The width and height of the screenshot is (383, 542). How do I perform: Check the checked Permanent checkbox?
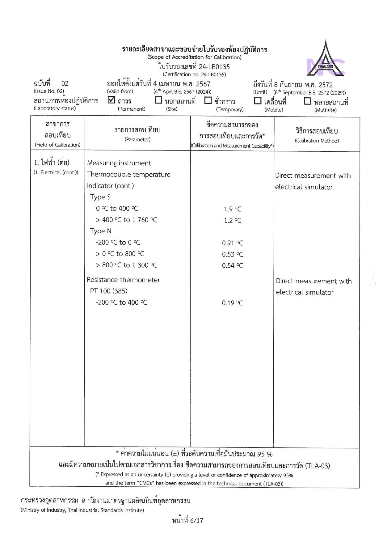pyautogui.click(x=112, y=100)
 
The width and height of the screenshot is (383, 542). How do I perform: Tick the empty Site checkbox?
pyautogui.click(x=158, y=100)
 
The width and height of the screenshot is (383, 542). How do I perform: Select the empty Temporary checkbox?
pyautogui.click(x=208, y=100)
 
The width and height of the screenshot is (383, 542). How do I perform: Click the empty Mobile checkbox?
pyautogui.click(x=258, y=101)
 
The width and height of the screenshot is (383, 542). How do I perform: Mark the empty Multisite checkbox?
pyautogui.click(x=307, y=101)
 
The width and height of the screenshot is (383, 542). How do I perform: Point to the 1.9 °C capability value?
pyautogui.click(x=233, y=209)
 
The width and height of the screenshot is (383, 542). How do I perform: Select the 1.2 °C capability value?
pyautogui.click(x=233, y=220)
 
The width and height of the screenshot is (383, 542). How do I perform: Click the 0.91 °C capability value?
pyautogui.click(x=233, y=243)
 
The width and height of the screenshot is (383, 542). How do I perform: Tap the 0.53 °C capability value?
pyautogui.click(x=233, y=254)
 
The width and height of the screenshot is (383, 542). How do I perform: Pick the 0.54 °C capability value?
pyautogui.click(x=233, y=266)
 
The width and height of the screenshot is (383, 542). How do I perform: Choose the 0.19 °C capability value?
pyautogui.click(x=233, y=303)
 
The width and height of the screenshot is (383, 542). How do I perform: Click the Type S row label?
pyautogui.click(x=100, y=197)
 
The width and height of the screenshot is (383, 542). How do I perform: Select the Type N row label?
pyautogui.click(x=101, y=231)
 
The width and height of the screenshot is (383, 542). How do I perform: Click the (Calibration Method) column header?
pyautogui.click(x=317, y=141)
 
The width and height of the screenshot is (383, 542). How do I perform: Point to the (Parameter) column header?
pyautogui.click(x=137, y=140)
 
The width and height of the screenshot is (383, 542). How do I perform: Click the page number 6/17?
pyautogui.click(x=188, y=521)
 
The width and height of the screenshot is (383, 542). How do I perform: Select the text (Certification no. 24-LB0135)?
pyautogui.click(x=194, y=74)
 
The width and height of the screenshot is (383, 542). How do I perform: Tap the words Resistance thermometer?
pyautogui.click(x=123, y=280)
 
